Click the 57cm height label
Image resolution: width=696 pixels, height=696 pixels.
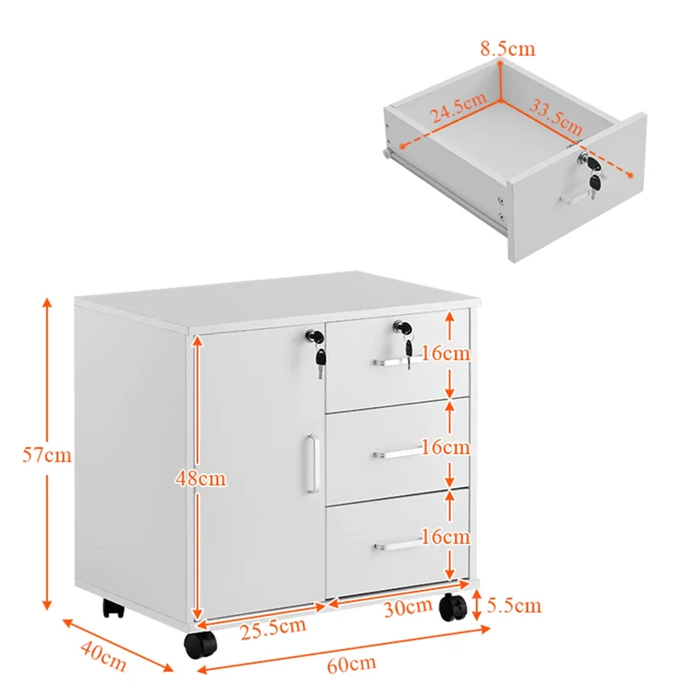click(x=47, y=454)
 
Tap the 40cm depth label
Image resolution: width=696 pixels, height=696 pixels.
click(x=104, y=657)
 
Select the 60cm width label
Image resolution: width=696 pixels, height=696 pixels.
click(x=351, y=664)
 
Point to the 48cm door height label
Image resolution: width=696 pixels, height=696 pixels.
click(x=201, y=478)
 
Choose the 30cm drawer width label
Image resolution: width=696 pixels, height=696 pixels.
click(x=408, y=607)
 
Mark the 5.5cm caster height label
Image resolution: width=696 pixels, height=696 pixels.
click(x=513, y=605)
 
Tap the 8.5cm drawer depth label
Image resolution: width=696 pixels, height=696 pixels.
click(x=508, y=49)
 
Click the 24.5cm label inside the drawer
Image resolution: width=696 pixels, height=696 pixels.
click(x=458, y=107)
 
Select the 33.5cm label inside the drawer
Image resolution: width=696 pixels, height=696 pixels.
click(x=555, y=117)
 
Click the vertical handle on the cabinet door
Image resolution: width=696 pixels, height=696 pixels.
click(x=312, y=464)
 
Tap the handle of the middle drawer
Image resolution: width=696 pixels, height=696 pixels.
click(x=397, y=453)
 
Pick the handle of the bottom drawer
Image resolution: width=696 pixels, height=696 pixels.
click(x=398, y=545)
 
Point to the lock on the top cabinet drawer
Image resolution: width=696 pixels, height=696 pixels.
click(x=402, y=328)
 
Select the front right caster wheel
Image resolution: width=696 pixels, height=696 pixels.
click(x=452, y=607)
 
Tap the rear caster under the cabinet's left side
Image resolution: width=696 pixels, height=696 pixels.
click(x=114, y=608)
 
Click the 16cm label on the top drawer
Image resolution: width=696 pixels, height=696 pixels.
click(x=445, y=353)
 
